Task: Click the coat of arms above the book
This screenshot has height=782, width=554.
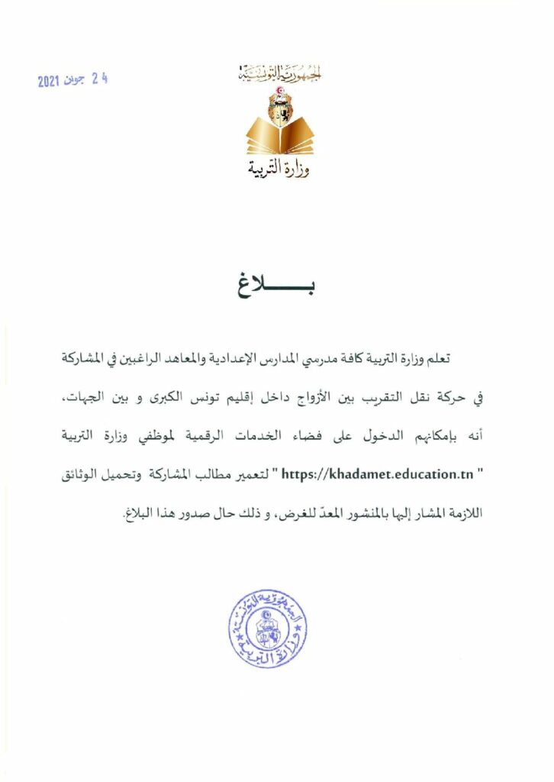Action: point(279,104)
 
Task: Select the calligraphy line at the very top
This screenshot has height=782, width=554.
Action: point(279,75)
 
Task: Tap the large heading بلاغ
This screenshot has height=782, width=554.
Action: point(279,289)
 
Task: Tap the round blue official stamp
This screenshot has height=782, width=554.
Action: point(267,629)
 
